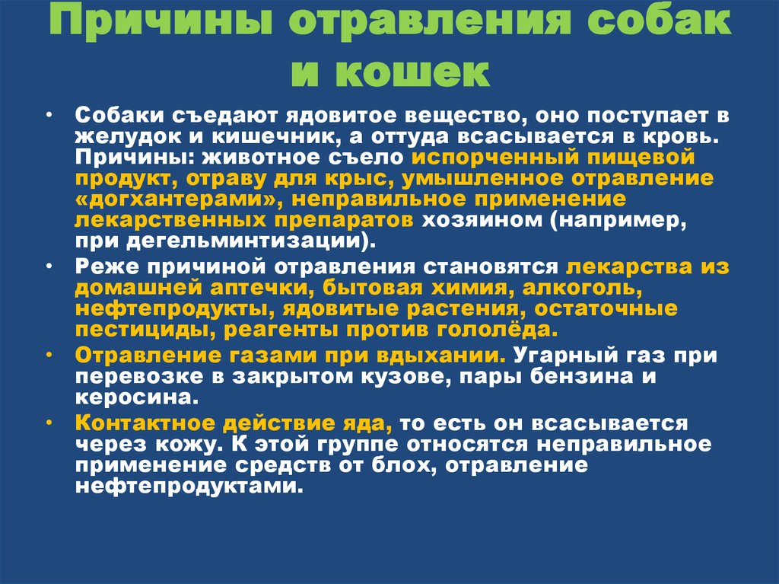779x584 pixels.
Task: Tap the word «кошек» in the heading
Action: coord(412,72)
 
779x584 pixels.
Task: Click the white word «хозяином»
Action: coord(482,220)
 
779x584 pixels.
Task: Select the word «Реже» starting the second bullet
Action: coord(107,267)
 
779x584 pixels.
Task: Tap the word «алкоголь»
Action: coord(582,288)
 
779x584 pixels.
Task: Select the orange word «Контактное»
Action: coord(144,423)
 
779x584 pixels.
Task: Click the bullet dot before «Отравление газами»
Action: coord(49,355)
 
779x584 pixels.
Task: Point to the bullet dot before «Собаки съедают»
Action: coord(49,116)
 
